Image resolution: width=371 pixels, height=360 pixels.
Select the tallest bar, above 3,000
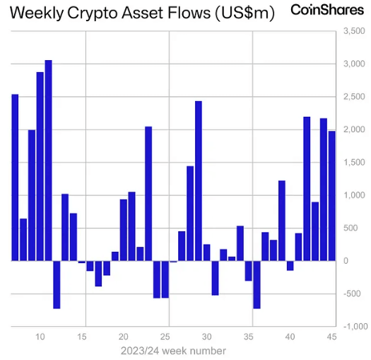(48, 160)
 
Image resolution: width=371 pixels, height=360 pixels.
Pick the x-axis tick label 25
(165, 337)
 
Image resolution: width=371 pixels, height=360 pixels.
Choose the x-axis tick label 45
(331, 337)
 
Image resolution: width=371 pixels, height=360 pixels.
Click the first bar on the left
(15, 177)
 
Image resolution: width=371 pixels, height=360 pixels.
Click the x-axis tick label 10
(40, 337)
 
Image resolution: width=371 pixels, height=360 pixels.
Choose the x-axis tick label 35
(249, 337)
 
